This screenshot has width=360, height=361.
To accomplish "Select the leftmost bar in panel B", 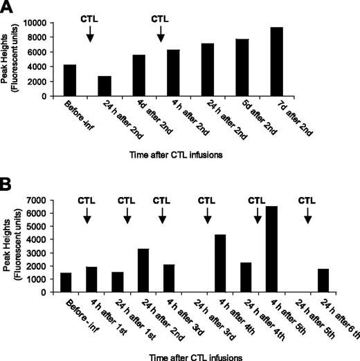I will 66,282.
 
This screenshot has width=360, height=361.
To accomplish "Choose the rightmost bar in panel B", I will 323,280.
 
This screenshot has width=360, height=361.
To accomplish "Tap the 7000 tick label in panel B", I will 46,200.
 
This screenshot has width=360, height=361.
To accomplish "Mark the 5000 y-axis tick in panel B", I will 46,226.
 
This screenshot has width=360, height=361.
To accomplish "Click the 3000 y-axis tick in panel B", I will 46,252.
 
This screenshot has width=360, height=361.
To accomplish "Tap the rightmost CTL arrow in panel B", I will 308,215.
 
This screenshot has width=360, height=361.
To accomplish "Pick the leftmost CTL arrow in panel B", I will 87,215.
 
